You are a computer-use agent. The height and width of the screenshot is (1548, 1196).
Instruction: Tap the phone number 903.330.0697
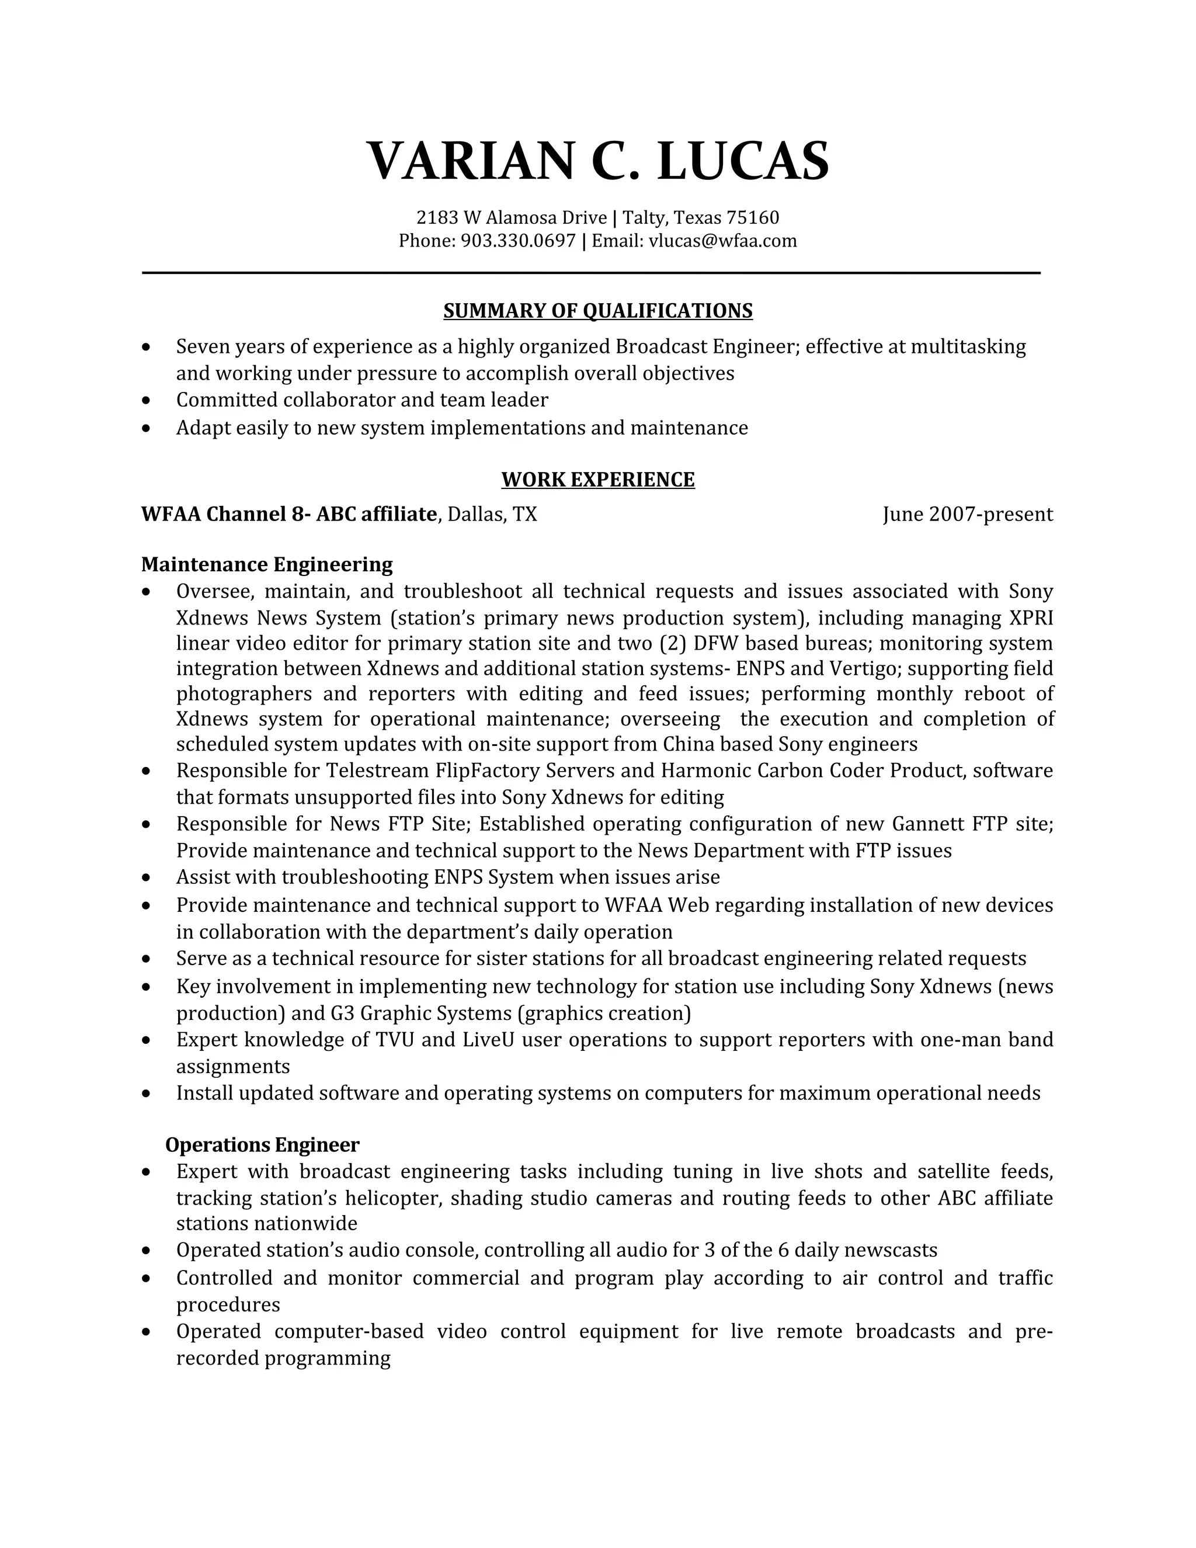pyautogui.click(x=518, y=241)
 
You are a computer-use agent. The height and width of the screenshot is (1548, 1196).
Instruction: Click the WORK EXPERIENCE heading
pyautogui.click(x=597, y=480)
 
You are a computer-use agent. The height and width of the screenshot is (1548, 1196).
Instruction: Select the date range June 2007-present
pyautogui.click(x=967, y=514)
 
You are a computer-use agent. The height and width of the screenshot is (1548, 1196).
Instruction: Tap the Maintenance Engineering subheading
pyautogui.click(x=266, y=564)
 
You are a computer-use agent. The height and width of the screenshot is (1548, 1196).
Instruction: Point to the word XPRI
pyautogui.click(x=1031, y=618)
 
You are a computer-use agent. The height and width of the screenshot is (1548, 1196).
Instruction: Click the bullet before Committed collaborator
pyautogui.click(x=146, y=401)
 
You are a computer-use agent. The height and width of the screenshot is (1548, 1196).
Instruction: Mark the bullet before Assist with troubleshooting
pyautogui.click(x=146, y=878)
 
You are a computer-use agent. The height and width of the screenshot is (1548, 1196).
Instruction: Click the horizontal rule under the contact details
pyautogui.click(x=590, y=272)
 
